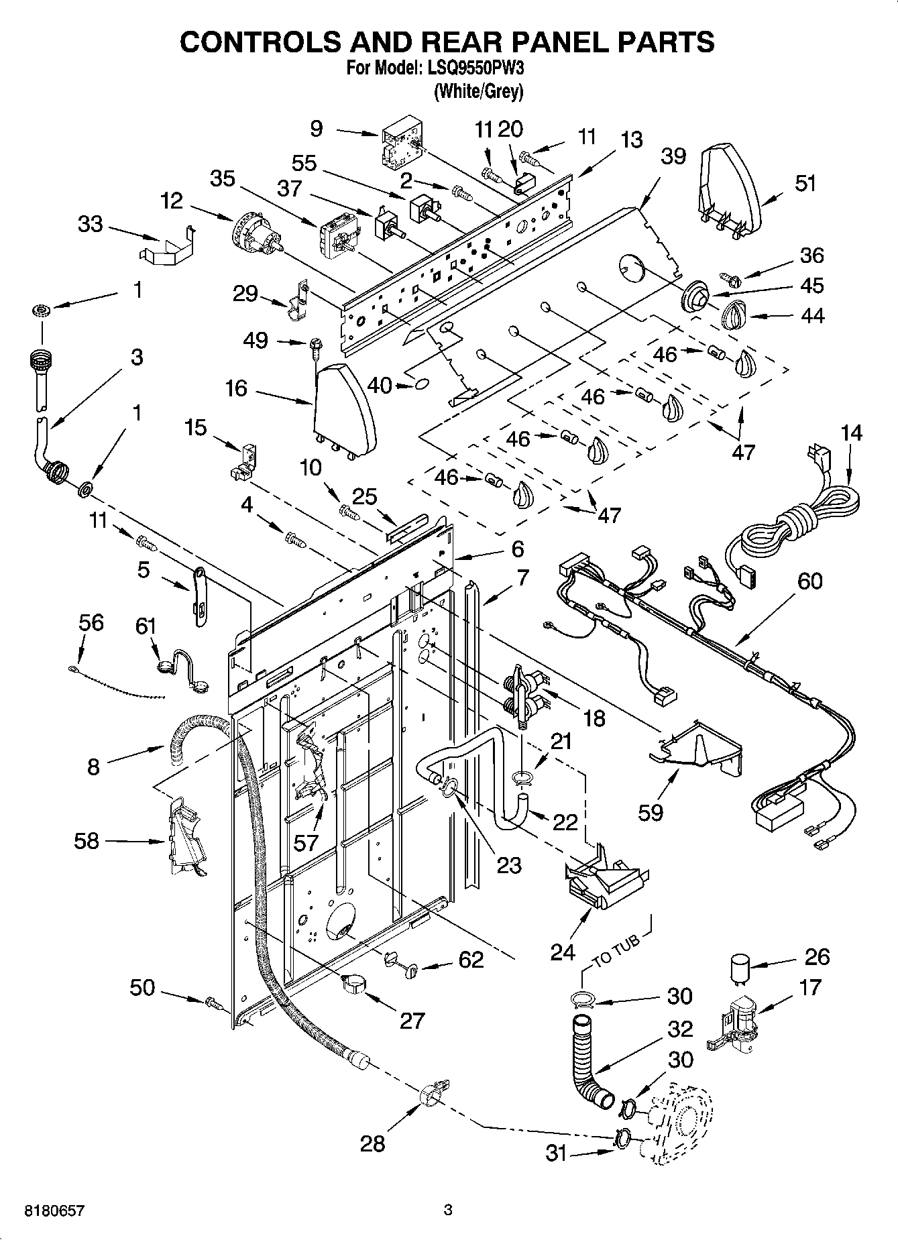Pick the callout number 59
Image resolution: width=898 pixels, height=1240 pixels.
coord(650,811)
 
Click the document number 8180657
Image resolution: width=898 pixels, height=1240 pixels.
coord(54,1210)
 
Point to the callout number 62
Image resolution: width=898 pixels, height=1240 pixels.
coord(471,960)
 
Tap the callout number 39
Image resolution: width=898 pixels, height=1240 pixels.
coord(673,156)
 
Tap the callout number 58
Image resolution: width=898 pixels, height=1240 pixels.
coord(87,840)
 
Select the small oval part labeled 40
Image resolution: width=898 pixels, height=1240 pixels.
coord(422,384)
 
